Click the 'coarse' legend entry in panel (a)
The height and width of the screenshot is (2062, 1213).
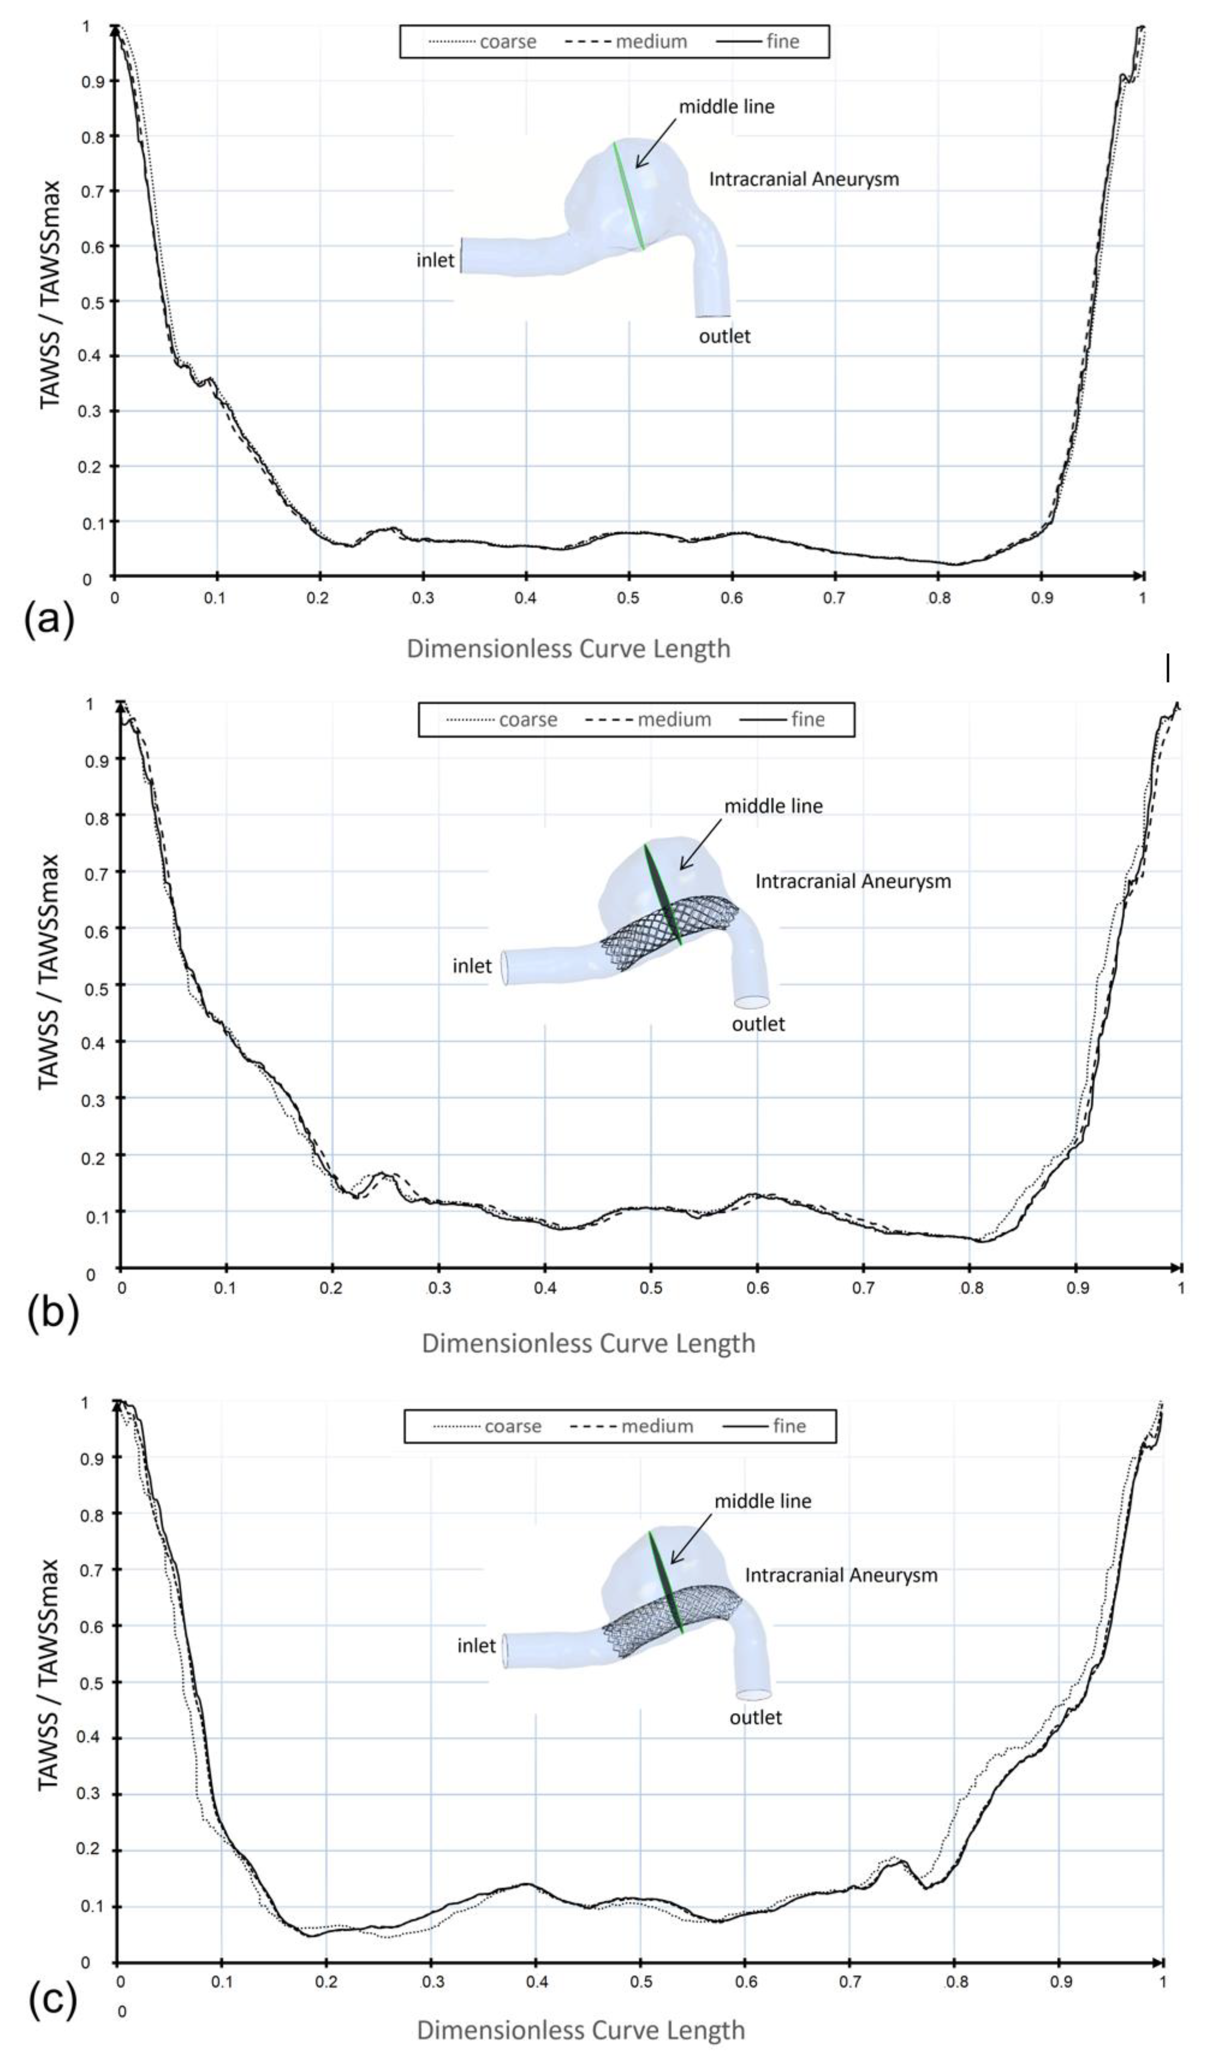[x=507, y=42]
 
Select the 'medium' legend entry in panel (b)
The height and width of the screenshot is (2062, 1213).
[x=674, y=719]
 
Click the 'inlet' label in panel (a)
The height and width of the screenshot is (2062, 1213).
[x=435, y=260]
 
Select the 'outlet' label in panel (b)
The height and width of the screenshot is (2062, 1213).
[x=758, y=1024]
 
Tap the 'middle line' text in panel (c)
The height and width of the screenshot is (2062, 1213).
[x=762, y=1501]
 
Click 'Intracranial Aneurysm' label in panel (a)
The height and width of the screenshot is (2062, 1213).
[x=803, y=179]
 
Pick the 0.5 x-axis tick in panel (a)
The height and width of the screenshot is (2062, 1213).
[x=628, y=598]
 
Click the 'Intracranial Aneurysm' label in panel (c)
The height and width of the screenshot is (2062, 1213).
[x=841, y=1575]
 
